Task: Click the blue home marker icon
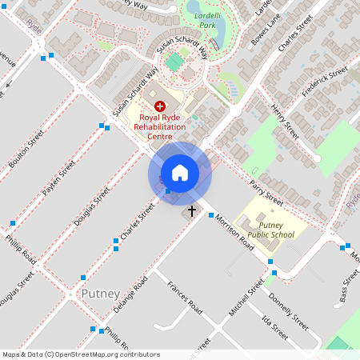[180, 173]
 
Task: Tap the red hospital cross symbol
[159, 105]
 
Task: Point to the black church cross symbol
[191, 211]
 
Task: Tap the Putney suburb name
[100, 294]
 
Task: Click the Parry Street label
[266, 193]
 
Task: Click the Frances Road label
[183, 296]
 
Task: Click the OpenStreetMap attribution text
[80, 354]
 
